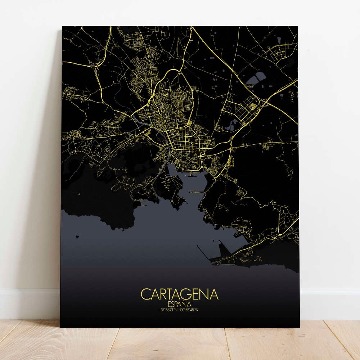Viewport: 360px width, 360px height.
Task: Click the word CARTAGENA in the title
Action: [180, 294]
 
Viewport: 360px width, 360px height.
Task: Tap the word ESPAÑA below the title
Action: [179, 304]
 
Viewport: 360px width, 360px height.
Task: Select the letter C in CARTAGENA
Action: [146, 294]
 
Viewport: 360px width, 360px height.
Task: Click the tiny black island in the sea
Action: [77, 237]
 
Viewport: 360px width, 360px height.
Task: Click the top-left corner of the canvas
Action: [63, 27]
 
